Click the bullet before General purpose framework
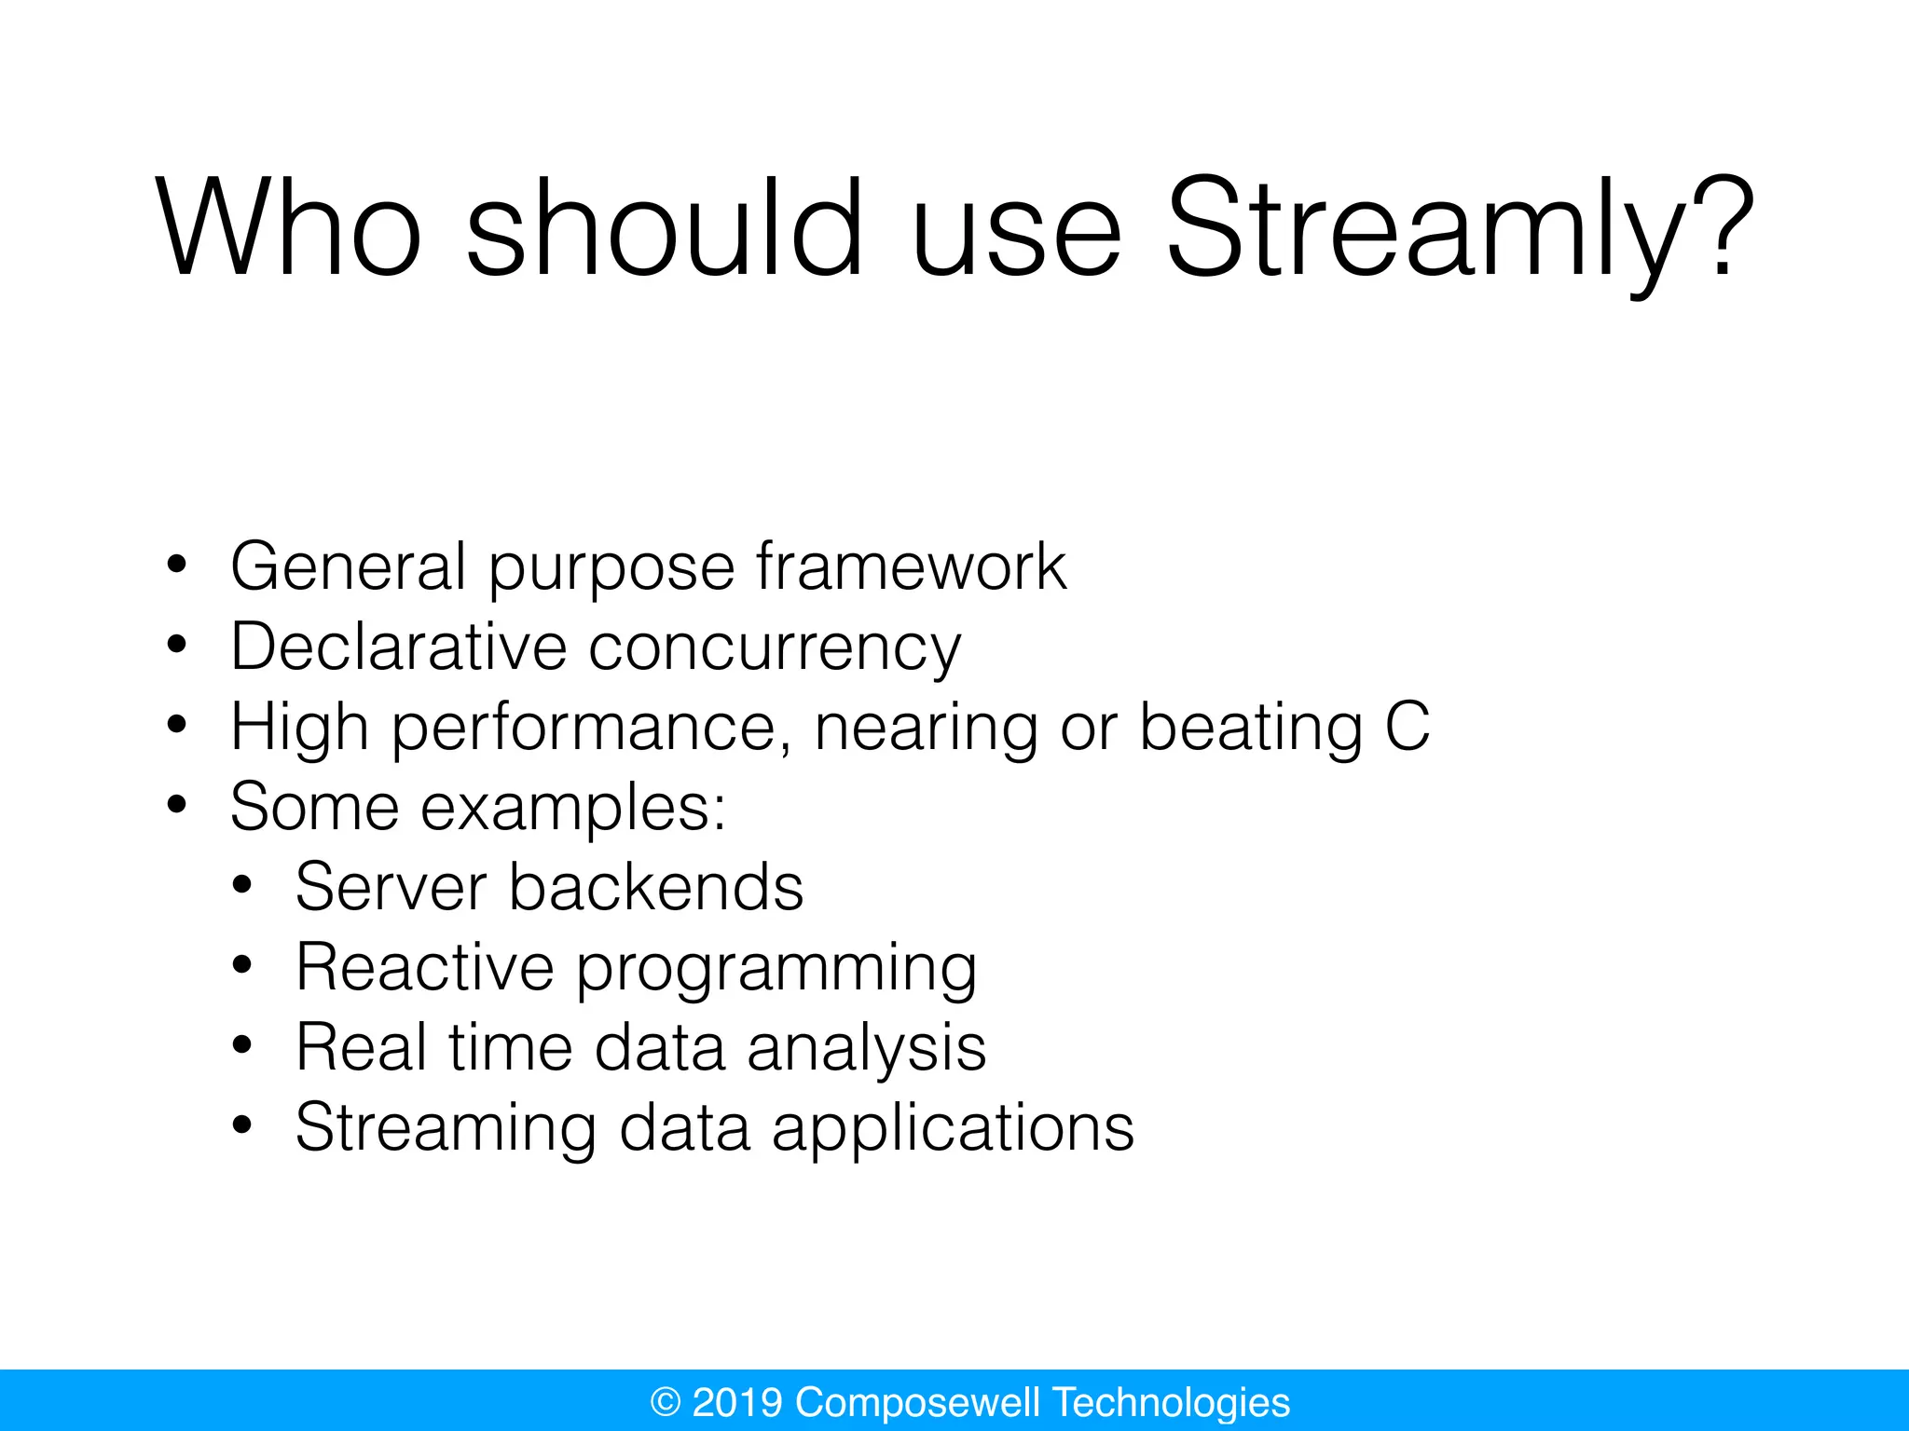click(x=177, y=565)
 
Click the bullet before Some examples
click(x=177, y=805)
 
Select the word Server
click(x=391, y=886)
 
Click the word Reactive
click(x=424, y=967)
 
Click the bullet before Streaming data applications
click(x=242, y=1125)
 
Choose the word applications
click(x=953, y=1130)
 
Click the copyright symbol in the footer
click(x=666, y=1402)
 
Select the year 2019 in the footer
click(x=736, y=1402)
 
